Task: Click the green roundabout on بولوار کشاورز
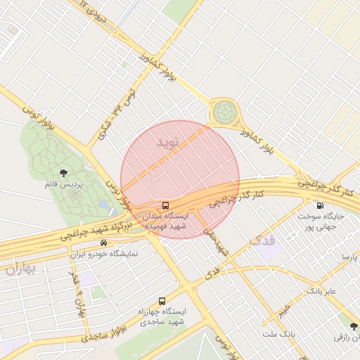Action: point(224,111)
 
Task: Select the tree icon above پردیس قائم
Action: point(63,172)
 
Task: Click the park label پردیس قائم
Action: point(64,184)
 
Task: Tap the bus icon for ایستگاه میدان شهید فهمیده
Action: point(165,205)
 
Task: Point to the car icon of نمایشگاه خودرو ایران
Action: point(104,243)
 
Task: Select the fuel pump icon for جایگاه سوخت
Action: point(321,206)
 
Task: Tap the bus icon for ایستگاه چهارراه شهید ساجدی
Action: point(162,300)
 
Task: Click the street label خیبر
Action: point(283,310)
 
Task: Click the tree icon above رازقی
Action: point(353,326)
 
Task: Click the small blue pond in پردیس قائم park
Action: point(104,205)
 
